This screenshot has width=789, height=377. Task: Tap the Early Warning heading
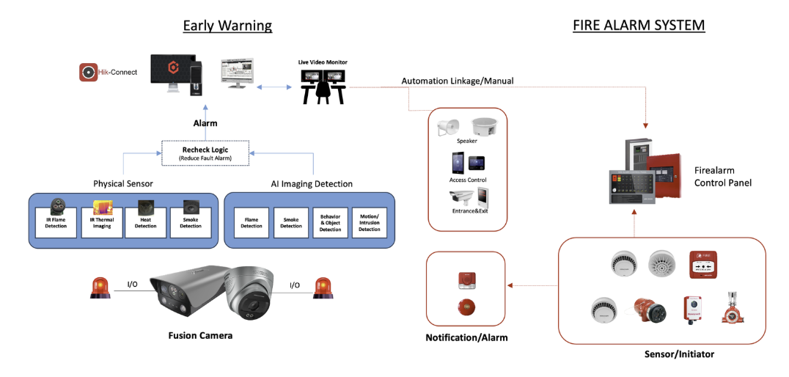(227, 26)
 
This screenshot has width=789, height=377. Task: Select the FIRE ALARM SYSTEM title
(638, 26)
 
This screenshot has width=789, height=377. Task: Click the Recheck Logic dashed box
(206, 153)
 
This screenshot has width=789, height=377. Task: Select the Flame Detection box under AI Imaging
(252, 222)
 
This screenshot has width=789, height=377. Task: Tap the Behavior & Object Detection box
(330, 222)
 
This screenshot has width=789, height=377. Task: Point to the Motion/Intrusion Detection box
(370, 222)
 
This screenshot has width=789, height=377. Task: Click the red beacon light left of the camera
(100, 288)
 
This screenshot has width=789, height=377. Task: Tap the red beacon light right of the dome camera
(323, 288)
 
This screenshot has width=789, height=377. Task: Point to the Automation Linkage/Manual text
(458, 81)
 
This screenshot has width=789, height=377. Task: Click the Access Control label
(468, 180)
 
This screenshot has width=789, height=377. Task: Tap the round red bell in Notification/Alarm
(463, 307)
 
